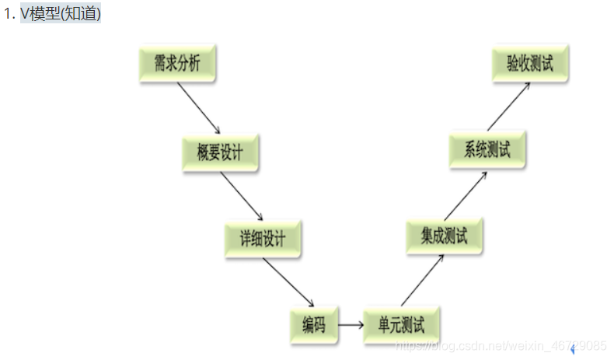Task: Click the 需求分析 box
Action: (176, 65)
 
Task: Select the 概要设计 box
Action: (220, 152)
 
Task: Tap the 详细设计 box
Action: (263, 239)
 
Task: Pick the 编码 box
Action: (314, 323)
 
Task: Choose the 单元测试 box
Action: (400, 323)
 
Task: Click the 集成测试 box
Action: (444, 236)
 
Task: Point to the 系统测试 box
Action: (487, 150)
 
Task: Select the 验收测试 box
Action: (530, 63)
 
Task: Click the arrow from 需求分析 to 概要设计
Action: (198, 108)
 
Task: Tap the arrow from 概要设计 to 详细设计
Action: (242, 196)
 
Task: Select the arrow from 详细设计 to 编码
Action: (288, 281)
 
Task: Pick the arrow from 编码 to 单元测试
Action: (351, 324)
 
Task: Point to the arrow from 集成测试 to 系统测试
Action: (466, 194)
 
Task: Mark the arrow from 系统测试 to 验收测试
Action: (509, 107)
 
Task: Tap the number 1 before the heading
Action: (7, 14)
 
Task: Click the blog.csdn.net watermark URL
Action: (501, 344)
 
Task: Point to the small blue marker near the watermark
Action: (573, 350)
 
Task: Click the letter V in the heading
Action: (25, 14)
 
